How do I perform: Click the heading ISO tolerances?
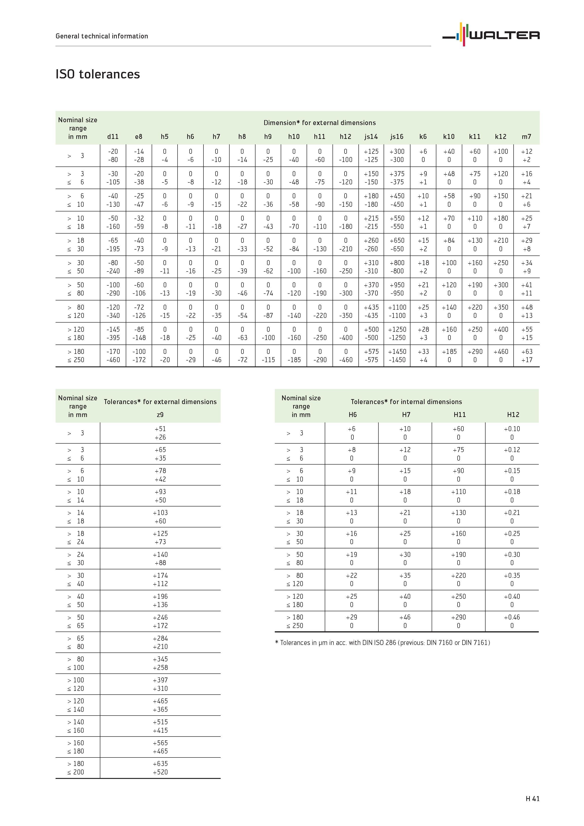[97, 74]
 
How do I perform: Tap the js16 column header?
[397, 137]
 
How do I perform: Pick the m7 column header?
[527, 137]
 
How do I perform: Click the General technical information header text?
[102, 36]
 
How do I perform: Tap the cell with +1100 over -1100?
[397, 312]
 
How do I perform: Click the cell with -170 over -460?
[113, 356]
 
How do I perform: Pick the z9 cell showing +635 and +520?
[160, 768]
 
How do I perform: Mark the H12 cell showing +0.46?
[512, 621]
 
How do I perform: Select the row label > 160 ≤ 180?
[76, 747]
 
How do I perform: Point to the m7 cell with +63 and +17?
[527, 356]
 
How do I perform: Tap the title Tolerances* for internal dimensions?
[406, 402]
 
